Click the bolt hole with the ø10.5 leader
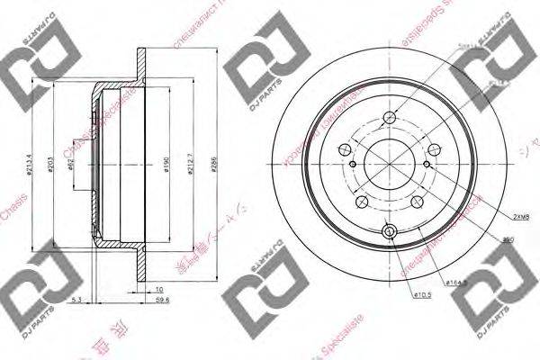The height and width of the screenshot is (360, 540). pos(389,232)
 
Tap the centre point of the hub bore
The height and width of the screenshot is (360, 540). pos(389,165)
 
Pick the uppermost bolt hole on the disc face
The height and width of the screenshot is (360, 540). pos(389,115)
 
